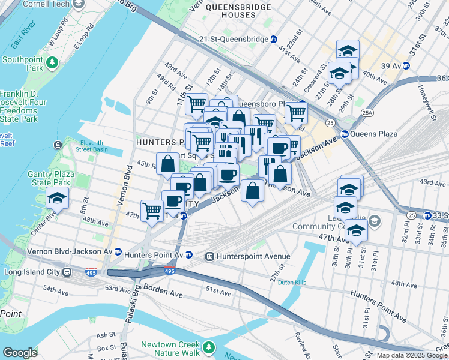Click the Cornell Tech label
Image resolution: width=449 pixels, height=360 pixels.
point(44,4)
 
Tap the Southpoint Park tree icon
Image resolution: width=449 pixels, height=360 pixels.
point(53,61)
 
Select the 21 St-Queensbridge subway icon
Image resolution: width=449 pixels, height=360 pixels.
point(274,40)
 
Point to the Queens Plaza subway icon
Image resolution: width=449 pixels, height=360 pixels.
point(345,134)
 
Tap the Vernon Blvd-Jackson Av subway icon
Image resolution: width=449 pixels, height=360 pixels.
point(118,252)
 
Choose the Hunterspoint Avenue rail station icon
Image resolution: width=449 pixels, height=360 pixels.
point(210,256)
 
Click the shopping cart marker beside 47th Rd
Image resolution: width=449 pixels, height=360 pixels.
point(152,210)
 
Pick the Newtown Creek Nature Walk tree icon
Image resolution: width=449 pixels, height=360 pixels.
point(208,347)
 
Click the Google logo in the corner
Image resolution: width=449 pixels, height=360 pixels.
point(20,353)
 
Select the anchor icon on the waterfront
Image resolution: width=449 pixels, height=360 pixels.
point(57,145)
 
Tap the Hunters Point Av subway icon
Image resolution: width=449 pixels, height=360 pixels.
point(189,254)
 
